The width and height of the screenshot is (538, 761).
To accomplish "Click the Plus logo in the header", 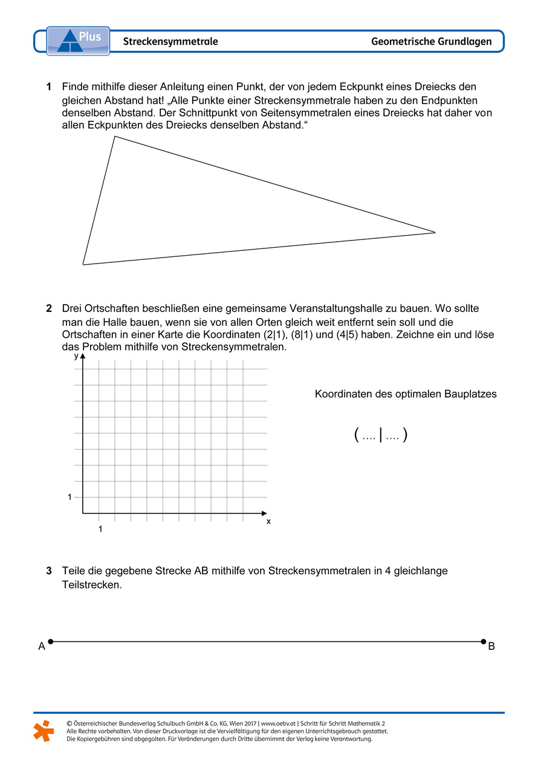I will [x=78, y=40].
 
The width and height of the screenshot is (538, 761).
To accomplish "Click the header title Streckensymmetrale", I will [x=170, y=42].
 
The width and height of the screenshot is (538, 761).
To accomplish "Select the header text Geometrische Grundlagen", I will [x=431, y=42].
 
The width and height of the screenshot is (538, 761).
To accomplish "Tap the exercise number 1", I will [x=49, y=87].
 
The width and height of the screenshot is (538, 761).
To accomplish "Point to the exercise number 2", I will [x=49, y=309].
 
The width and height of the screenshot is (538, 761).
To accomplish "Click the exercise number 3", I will [x=49, y=571].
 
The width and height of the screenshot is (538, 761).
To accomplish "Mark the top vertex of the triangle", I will [x=114, y=137].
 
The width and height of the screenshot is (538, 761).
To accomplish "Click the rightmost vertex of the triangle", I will [x=435, y=232].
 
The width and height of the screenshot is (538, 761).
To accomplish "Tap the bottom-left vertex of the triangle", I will [x=83, y=264].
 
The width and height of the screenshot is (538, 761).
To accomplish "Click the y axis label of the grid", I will [x=76, y=356].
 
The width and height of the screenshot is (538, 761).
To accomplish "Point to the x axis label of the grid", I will [x=268, y=521].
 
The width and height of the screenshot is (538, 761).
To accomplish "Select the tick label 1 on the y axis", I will [x=70, y=497].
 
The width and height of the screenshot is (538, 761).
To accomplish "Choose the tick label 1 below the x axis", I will [x=100, y=529].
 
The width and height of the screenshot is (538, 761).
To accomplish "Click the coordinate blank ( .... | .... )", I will [x=381, y=435].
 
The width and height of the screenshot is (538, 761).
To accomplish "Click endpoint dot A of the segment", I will [x=51, y=641].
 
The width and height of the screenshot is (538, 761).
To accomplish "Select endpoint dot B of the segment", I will [x=483, y=641].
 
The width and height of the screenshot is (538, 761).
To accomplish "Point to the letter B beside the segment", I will [x=491, y=647].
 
